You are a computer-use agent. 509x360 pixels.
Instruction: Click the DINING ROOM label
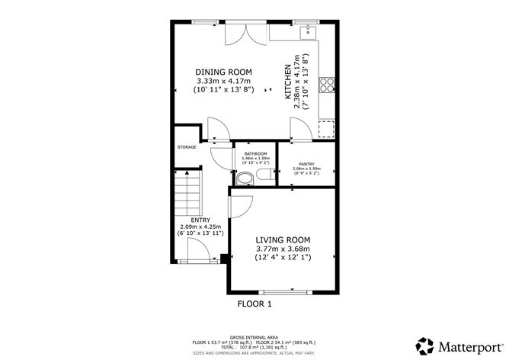pos(223,72)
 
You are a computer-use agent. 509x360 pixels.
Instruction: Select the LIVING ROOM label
pos(282,239)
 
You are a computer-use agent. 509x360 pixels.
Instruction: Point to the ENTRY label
pos(200,220)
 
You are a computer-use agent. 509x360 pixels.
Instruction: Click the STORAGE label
pos(187,147)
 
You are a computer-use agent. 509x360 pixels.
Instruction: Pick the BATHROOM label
pos(254,153)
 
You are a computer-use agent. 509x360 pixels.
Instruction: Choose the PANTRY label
pos(306,164)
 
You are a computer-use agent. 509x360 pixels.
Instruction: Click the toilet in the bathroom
pos(245,178)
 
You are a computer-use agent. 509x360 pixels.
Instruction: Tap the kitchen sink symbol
pos(309,31)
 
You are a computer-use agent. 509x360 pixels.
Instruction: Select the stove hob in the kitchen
pos(328,83)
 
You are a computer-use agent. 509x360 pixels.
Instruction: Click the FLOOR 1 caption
pos(254,303)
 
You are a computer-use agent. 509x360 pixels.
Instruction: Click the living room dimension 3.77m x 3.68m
pos(282,248)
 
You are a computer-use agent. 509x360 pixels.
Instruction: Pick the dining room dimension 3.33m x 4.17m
pos(223,81)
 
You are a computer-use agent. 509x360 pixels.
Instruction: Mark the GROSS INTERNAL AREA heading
pos(254,336)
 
